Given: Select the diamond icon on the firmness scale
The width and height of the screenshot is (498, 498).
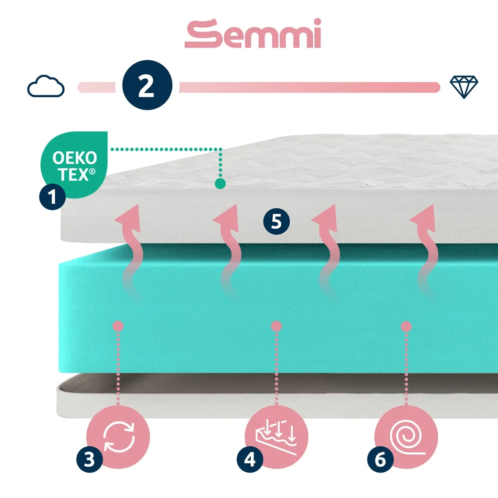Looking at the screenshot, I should tap(464, 86).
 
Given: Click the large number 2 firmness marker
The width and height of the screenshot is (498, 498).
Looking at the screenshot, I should tap(147, 85).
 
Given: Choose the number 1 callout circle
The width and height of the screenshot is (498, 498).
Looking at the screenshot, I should tap(53, 197).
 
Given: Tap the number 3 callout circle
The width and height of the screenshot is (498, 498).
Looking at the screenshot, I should tap(89, 460).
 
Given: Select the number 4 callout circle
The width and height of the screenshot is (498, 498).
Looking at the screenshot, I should tap(250, 460).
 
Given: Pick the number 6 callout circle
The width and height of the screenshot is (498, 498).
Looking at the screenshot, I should tap(380, 460).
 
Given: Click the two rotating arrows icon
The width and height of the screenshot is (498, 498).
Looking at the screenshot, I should tap(119, 437).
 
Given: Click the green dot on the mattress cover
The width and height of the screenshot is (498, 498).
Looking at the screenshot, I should tap(220, 183).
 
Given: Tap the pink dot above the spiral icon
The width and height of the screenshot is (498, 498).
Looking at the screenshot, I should tap(406, 326).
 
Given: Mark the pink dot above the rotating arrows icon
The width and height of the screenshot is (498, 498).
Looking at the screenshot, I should tap(118, 326).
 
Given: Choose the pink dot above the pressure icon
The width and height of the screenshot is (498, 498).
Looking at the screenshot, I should tap(276, 326).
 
